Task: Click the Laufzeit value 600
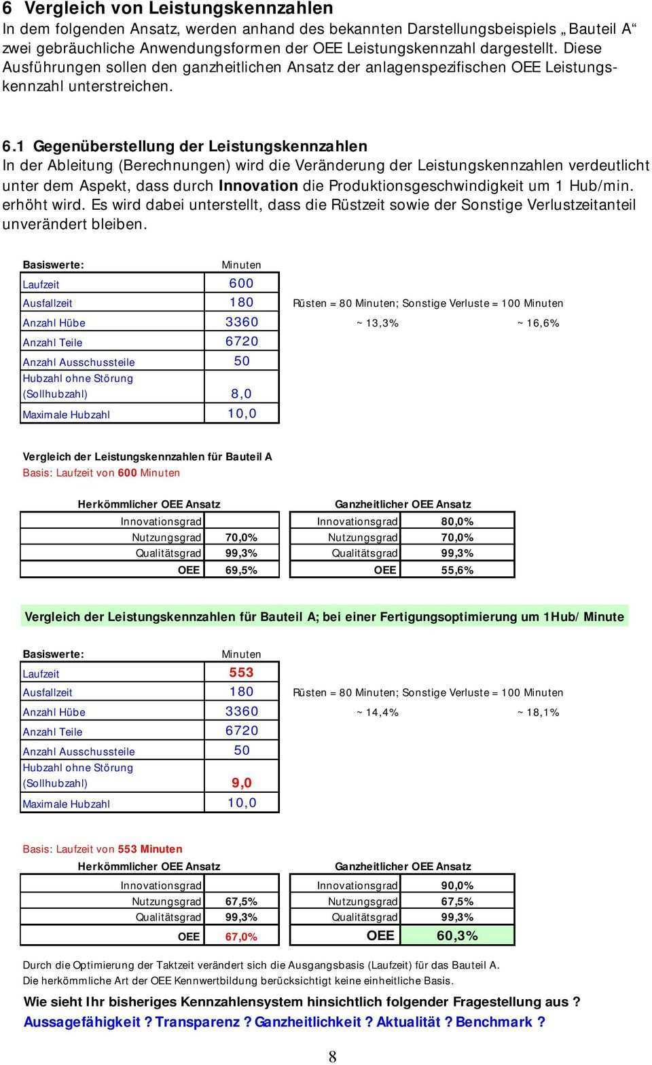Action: click(241, 283)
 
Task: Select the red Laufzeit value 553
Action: click(241, 673)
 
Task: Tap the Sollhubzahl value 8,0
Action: click(241, 394)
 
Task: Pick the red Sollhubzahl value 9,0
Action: click(241, 783)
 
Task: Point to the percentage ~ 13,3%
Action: click(377, 323)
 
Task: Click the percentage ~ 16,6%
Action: click(538, 323)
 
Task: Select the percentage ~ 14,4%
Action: click(377, 713)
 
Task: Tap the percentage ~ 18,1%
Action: click(538, 713)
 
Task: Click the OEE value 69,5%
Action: click(241, 570)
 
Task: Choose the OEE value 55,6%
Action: click(457, 570)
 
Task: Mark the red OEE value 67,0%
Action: click(241, 937)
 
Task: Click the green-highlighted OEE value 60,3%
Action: click(457, 936)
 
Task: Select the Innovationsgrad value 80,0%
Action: click(457, 521)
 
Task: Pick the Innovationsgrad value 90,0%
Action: click(457, 885)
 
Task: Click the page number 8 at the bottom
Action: click(332, 1056)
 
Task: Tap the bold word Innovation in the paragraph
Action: click(258, 185)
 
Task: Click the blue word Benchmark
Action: click(494, 1022)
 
